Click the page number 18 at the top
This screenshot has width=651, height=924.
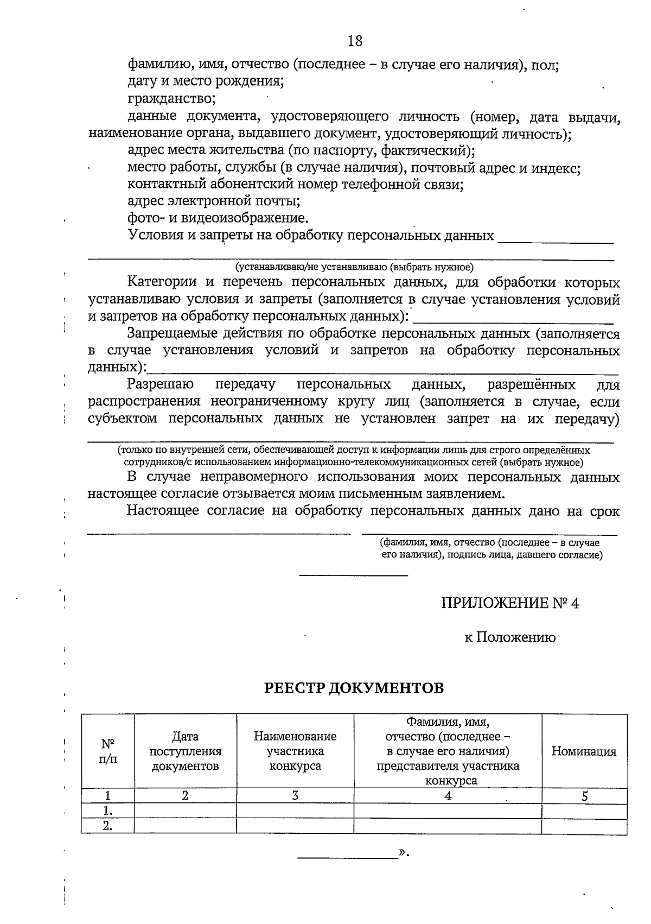tap(354, 41)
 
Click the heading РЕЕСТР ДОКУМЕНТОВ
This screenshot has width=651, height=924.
tap(354, 688)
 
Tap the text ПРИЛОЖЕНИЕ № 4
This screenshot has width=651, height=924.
tap(510, 603)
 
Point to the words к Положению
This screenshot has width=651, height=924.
tap(510, 637)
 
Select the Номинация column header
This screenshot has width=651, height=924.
tap(584, 751)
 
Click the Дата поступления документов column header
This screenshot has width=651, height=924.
tap(185, 751)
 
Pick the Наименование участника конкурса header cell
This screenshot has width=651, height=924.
tap(295, 751)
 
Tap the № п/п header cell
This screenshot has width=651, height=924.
tap(108, 751)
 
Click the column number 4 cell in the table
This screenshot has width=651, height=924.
tap(448, 796)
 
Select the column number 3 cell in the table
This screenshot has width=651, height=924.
tap(295, 796)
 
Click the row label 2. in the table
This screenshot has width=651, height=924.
tap(108, 826)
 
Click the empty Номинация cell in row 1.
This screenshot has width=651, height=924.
tap(584, 811)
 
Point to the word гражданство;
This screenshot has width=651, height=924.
tap(172, 99)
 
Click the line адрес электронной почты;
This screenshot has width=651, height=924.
tap(214, 201)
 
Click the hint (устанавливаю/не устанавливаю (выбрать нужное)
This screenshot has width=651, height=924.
tap(354, 267)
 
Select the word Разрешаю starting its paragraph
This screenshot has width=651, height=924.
tap(160, 385)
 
